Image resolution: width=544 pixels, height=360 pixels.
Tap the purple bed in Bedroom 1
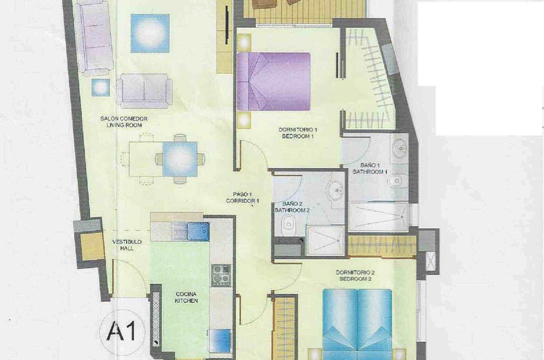[x=273, y=81]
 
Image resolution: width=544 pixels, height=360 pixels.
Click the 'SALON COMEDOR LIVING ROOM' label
[x=124, y=122]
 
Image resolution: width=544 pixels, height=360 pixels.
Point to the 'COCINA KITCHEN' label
[x=187, y=297]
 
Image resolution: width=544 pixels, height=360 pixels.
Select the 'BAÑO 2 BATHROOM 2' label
[x=292, y=207]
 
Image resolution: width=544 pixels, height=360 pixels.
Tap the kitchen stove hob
[x=220, y=276]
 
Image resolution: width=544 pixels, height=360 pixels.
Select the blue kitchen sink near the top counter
[x=197, y=231]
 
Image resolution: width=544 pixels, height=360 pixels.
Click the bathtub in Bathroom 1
[x=378, y=215]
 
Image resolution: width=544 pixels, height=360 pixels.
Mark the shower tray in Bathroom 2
[x=325, y=240]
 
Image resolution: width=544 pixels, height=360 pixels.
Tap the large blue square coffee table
[x=150, y=33]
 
